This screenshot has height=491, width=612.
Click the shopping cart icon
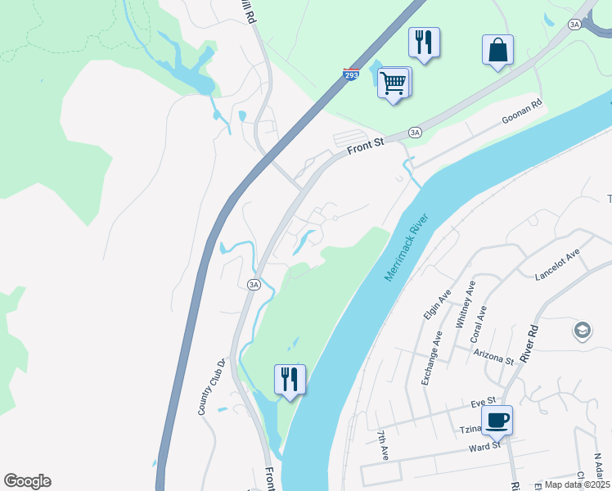point(394,82)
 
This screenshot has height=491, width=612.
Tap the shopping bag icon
point(497,50)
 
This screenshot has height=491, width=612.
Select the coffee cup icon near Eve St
point(497,421)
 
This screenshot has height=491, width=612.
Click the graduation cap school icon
point(583,331)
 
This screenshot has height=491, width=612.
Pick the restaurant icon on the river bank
point(290,379)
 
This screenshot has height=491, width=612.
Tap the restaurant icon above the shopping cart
point(424,42)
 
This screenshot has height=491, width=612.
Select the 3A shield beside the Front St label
point(415,132)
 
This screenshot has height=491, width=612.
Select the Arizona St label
point(493,356)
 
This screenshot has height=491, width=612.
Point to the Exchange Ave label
point(430,357)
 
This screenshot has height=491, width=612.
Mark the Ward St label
point(484,447)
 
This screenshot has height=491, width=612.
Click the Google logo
point(27,481)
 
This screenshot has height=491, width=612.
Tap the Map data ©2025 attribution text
point(577,484)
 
